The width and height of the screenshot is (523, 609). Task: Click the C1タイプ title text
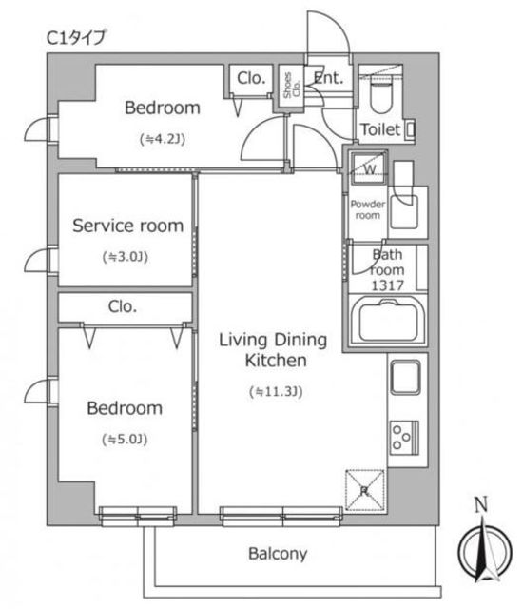click(76, 38)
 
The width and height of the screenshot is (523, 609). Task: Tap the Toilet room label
click(380, 129)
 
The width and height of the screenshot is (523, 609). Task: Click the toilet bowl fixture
click(380, 96)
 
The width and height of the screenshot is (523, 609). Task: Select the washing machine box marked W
click(369, 167)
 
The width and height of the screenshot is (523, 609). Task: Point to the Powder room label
click(368, 209)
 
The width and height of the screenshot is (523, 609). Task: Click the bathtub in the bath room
click(388, 322)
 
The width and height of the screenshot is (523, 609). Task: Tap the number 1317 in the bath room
click(388, 285)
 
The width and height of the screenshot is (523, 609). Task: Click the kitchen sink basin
click(405, 377)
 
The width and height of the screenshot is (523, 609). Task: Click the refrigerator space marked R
click(365, 490)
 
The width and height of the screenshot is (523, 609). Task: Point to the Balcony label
click(278, 554)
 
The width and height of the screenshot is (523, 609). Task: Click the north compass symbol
click(485, 549)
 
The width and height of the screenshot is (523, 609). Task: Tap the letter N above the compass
click(481, 504)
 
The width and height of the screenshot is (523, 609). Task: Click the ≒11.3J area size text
click(276, 391)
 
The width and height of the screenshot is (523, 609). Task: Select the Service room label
click(128, 226)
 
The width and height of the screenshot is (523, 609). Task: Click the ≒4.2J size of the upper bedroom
click(163, 139)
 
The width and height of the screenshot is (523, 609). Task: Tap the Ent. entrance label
click(329, 78)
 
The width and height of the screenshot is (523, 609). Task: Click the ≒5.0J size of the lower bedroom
click(125, 440)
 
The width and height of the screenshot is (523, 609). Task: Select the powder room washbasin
click(404, 211)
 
